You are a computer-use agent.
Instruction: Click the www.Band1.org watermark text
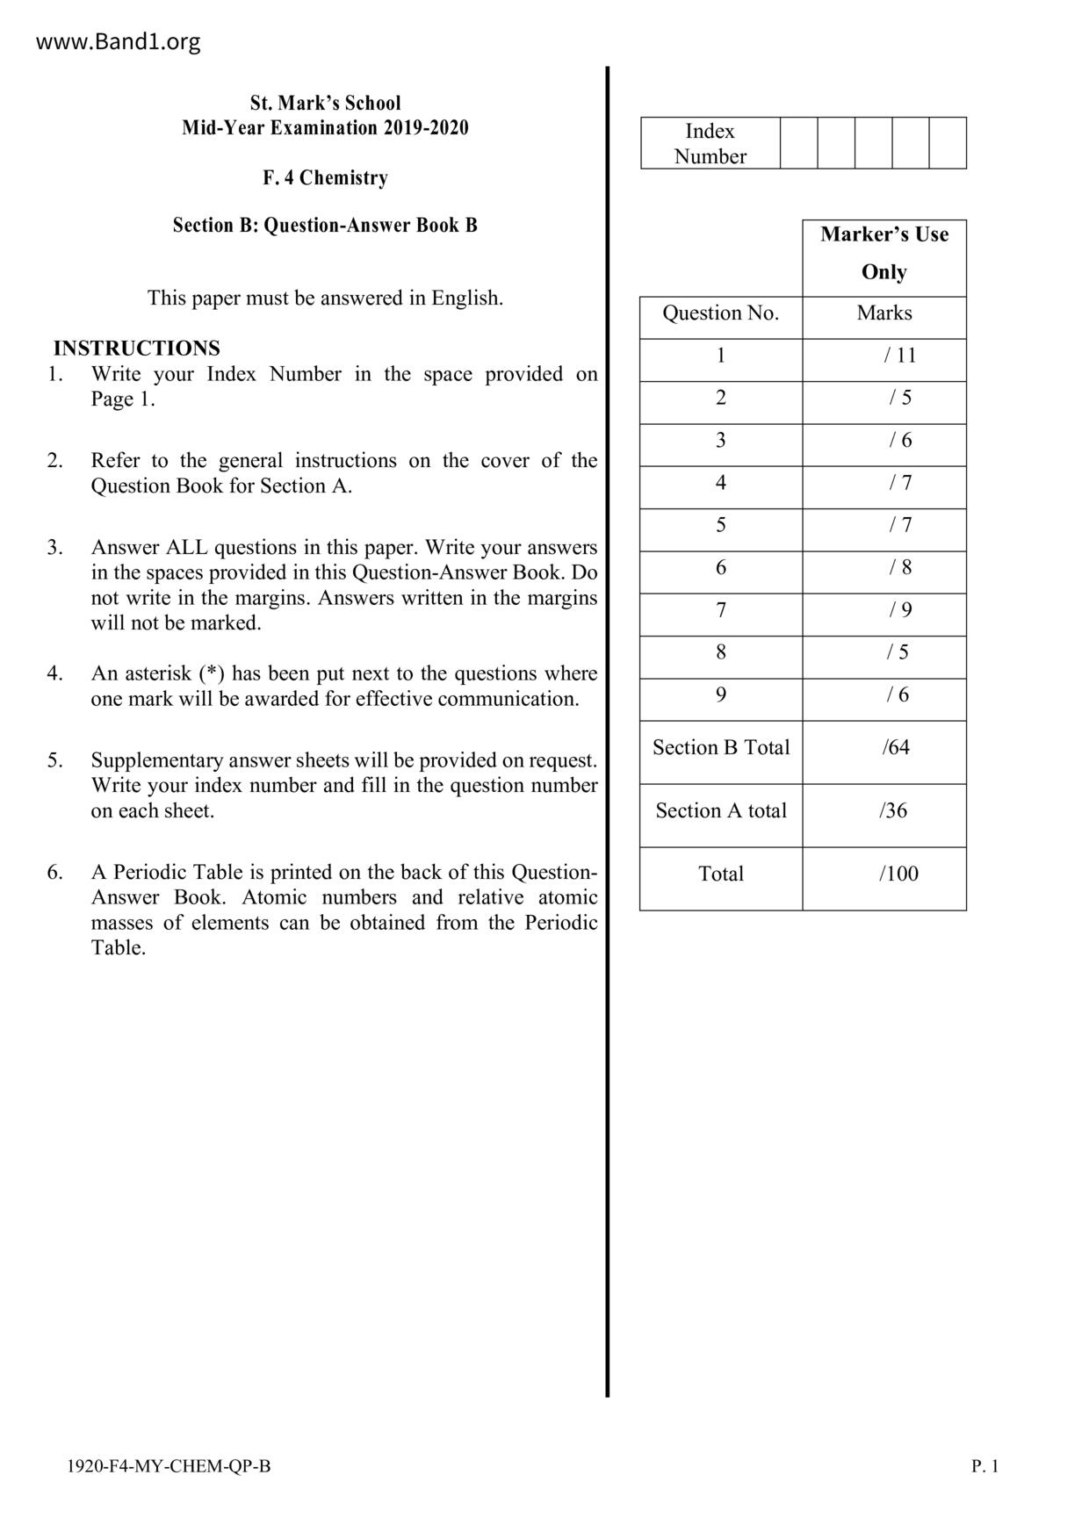coord(118,42)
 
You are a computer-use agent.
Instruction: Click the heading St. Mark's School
coord(325,103)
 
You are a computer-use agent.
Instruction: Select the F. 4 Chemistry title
coord(325,178)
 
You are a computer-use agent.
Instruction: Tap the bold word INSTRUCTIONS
coord(136,349)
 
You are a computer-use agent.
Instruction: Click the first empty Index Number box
coord(798,143)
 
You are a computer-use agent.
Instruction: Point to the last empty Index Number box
coord(948,143)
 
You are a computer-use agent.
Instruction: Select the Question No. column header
coord(720,313)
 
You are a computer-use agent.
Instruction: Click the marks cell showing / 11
coord(900,356)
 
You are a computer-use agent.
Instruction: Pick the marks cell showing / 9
coord(900,610)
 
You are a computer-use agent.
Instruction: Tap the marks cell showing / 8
coord(900,568)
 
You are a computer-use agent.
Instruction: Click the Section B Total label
coord(721,748)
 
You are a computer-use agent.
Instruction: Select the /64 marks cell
coord(896,748)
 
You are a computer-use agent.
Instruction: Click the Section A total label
coord(721,811)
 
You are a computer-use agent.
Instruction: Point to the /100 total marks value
coord(898,874)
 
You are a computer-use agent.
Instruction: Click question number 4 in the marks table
coord(721,483)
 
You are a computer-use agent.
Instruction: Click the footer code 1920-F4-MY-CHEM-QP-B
coord(169,1466)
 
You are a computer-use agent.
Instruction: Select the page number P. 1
coord(984,1466)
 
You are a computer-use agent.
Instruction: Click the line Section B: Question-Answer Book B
coord(325,226)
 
